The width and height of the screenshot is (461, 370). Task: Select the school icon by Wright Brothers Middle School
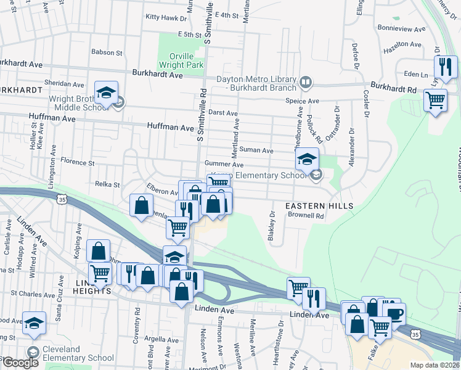tap(107, 94)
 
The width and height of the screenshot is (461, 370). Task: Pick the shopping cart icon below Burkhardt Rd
tap(435, 100)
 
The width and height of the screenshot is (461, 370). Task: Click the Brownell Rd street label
tap(306, 216)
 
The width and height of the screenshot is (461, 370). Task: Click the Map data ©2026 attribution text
tap(435, 365)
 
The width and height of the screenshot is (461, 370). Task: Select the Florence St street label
tap(76, 163)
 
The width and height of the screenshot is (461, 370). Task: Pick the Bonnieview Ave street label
tap(401, 29)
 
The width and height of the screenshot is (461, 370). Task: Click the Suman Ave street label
tap(257, 150)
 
